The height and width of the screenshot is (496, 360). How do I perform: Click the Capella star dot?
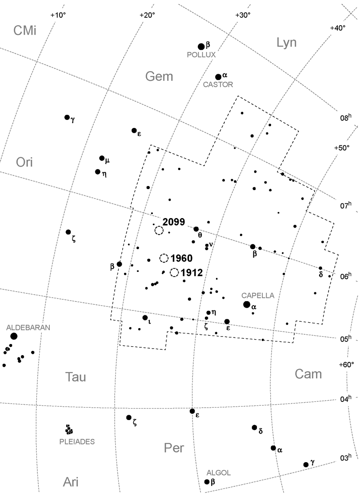[247, 304]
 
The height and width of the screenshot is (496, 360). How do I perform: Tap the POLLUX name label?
[201, 55]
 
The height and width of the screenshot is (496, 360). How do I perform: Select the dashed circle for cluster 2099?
[159, 230]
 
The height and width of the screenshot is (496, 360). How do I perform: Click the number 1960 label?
[181, 258]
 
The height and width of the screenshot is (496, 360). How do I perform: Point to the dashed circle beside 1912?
[174, 273]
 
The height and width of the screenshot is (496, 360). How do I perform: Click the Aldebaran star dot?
[14, 336]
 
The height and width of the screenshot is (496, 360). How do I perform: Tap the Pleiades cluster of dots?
[69, 430]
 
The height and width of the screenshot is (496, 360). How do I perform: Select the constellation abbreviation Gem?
[159, 77]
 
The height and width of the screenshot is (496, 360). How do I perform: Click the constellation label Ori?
[24, 163]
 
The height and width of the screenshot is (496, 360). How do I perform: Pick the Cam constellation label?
[308, 374]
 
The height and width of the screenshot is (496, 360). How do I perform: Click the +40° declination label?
[337, 28]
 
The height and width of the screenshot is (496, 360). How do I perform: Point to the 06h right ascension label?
[346, 276]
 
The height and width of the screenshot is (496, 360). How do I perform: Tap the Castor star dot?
[218, 77]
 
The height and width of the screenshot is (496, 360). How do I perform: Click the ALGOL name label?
[220, 473]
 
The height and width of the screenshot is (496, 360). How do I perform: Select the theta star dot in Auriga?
[196, 229]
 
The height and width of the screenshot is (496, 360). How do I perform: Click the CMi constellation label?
[24, 31]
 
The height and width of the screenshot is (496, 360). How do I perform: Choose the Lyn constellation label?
[287, 43]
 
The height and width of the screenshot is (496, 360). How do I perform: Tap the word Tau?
[76, 377]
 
